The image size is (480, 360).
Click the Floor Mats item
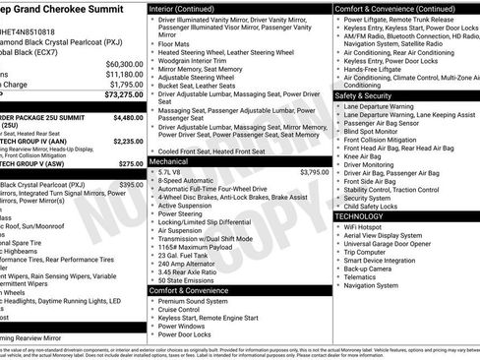coord(174,44)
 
